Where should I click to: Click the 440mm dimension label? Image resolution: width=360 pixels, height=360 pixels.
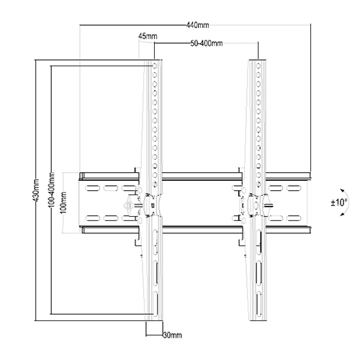(193, 24)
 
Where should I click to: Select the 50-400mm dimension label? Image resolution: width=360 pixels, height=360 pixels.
(207, 44)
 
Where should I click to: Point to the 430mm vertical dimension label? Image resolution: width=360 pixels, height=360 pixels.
(36, 189)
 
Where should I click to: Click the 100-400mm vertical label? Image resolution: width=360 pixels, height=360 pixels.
(51, 191)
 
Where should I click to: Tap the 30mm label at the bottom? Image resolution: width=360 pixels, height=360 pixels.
(171, 334)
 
